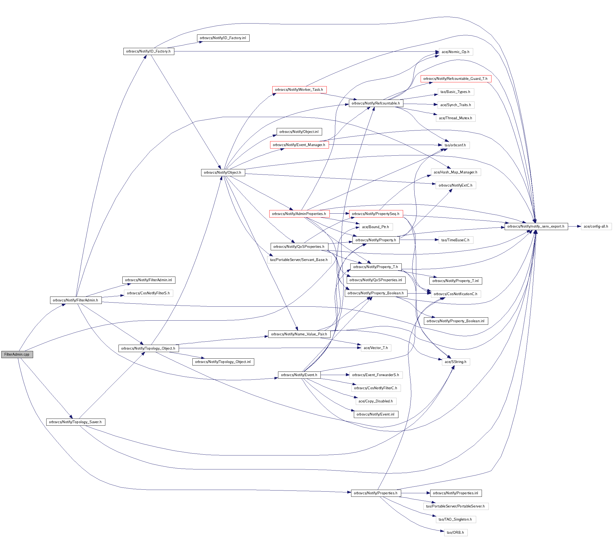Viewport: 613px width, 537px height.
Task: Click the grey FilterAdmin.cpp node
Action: click(17, 354)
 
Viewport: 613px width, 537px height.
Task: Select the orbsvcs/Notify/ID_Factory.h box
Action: click(148, 51)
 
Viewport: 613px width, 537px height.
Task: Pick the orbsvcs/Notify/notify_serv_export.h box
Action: click(536, 226)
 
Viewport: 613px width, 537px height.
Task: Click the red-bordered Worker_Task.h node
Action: click(299, 90)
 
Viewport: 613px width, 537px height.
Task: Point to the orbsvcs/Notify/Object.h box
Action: click(223, 172)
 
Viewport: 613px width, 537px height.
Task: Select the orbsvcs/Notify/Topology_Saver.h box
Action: click(75, 422)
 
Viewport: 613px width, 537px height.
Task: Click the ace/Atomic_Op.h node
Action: click(455, 52)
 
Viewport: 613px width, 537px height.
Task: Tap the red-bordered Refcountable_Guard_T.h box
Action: click(455, 79)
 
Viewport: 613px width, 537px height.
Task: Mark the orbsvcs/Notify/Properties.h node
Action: click(375, 493)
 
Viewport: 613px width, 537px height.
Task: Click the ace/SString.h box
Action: click(455, 362)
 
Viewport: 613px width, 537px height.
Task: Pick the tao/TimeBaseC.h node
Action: click(455, 240)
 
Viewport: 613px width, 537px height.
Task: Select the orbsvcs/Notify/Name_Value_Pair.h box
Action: click(299, 334)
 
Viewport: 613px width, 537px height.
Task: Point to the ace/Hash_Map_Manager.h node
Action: click(455, 172)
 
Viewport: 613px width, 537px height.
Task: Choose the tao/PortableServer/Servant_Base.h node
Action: click(299, 260)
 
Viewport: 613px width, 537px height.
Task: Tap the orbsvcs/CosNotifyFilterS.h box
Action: click(148, 293)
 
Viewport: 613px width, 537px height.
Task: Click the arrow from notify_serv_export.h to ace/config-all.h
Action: click(574, 226)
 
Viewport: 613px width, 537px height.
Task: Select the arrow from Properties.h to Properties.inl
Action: click(415, 493)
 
